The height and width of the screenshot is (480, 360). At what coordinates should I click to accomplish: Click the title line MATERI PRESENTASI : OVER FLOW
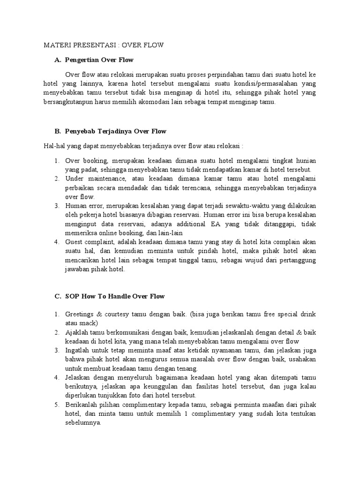click(x=103, y=45)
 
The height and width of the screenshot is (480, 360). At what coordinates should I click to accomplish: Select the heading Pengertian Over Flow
click(x=99, y=60)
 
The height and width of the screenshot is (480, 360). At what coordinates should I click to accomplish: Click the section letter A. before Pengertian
click(x=58, y=60)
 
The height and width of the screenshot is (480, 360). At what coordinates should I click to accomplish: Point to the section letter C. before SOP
click(x=58, y=297)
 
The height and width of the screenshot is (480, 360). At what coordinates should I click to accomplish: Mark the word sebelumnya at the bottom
click(x=83, y=423)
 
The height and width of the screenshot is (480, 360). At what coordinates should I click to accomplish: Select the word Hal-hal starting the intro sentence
click(x=53, y=146)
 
